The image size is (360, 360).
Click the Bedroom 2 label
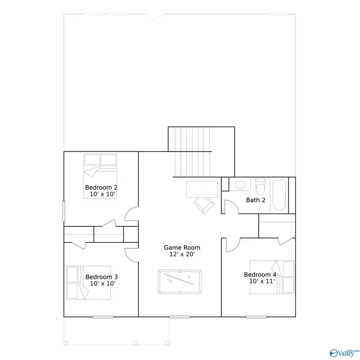[101, 187]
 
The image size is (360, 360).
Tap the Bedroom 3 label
[102, 277]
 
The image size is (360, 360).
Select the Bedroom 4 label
[260, 274]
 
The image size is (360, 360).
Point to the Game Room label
[182, 248]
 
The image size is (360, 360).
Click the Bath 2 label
[256, 200]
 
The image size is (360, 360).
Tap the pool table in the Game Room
[180, 282]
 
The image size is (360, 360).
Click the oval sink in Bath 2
[240, 185]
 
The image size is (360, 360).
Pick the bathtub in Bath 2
[279, 196]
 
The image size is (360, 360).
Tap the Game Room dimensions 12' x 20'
[182, 254]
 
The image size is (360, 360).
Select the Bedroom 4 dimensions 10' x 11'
[260, 281]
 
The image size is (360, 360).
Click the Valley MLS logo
[342, 352]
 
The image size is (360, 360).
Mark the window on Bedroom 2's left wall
[63, 211]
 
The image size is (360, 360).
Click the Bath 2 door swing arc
[231, 206]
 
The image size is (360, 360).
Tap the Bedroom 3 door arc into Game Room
[131, 254]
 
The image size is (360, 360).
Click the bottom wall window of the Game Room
[180, 317]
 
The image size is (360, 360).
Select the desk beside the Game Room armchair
[202, 189]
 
